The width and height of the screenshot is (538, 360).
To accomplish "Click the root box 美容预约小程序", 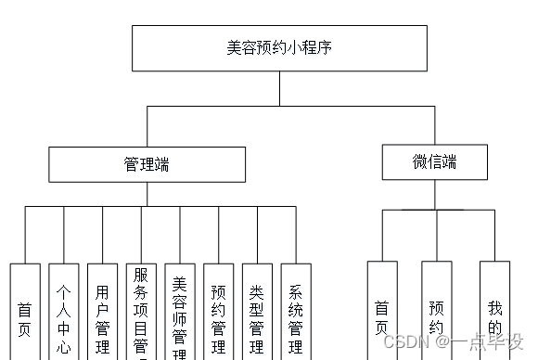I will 279,48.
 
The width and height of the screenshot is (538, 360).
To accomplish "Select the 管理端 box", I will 147,164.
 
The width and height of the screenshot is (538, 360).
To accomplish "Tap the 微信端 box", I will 435,161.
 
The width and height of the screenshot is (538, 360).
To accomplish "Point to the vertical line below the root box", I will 279,88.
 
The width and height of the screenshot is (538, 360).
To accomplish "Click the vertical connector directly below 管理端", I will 147,194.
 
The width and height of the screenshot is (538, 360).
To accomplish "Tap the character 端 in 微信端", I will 450,161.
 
